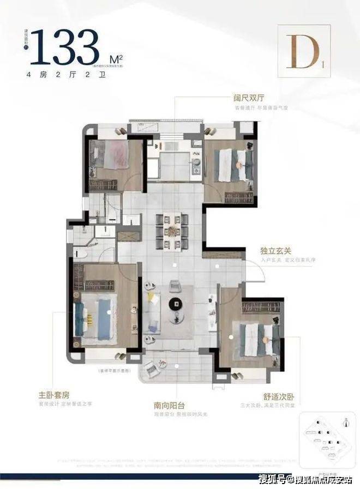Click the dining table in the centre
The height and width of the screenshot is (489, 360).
pos(171,229)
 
